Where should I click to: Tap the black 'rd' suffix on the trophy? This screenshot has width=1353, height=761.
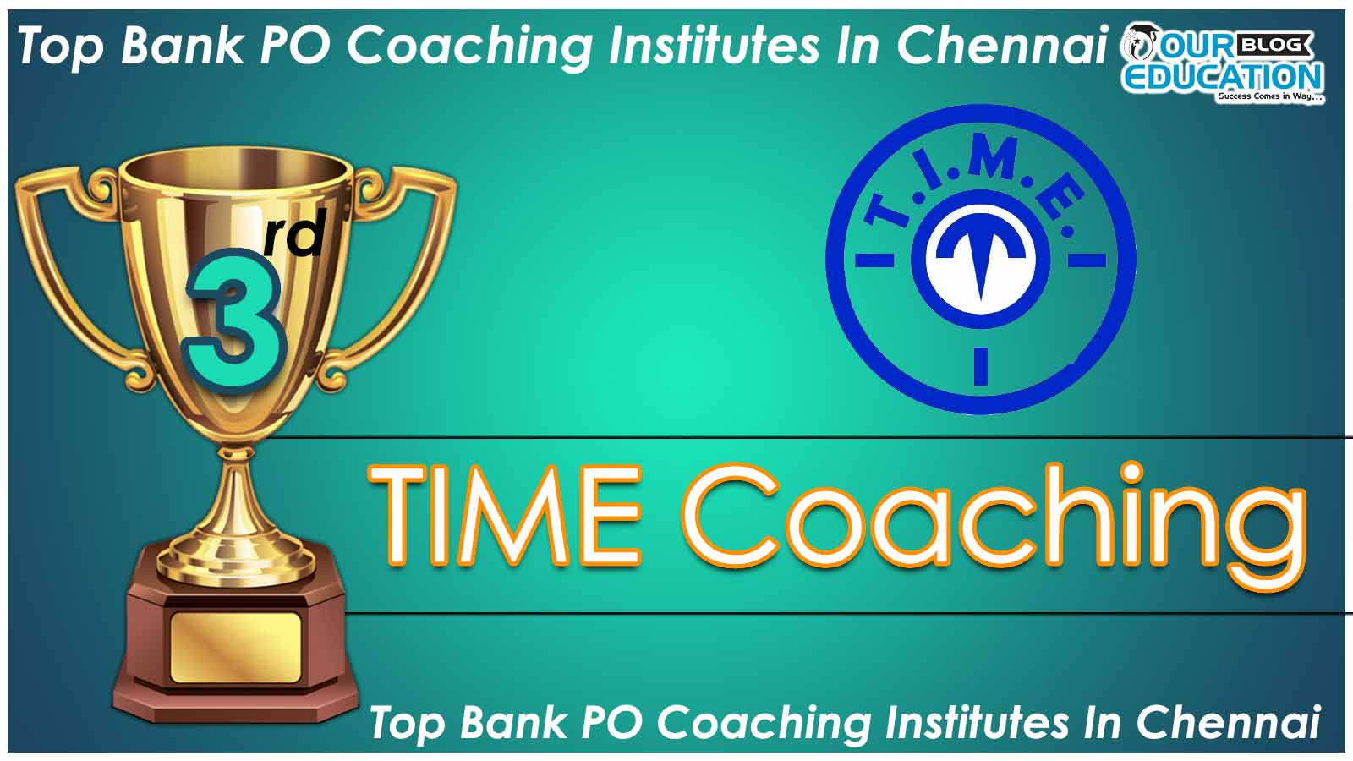pos(296,233)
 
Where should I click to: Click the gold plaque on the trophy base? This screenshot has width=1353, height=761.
pos(236,648)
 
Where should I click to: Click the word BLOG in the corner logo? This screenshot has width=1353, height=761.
pos(1276,45)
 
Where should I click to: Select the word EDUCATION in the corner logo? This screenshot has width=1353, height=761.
pos(1223,77)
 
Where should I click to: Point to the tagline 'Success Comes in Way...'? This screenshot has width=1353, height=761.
pos(1269,96)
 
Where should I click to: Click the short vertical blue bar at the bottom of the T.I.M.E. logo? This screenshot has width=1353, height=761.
pos(981,366)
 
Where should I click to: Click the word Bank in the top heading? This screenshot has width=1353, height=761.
pos(182,46)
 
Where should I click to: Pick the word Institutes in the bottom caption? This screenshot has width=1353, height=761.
pos(976,722)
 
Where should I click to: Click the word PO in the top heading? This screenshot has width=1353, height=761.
pos(295,46)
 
